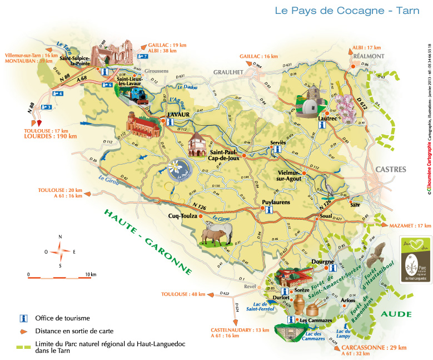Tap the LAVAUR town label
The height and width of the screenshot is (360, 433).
coord(179,115)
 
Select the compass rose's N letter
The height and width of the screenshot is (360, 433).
coord(60,236)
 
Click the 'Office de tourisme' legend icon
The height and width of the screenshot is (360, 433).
coord(23,318)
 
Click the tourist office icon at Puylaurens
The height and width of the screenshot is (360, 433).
coord(268,210)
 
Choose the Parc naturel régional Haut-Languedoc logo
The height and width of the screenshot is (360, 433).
coord(416,260)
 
